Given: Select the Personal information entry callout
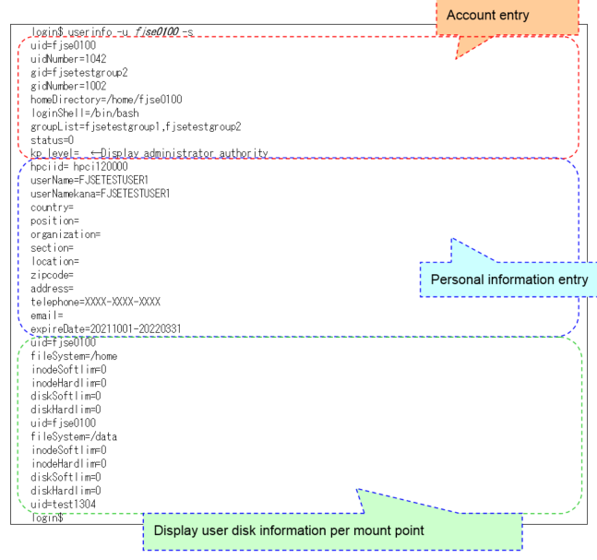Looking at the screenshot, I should tap(509, 279).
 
